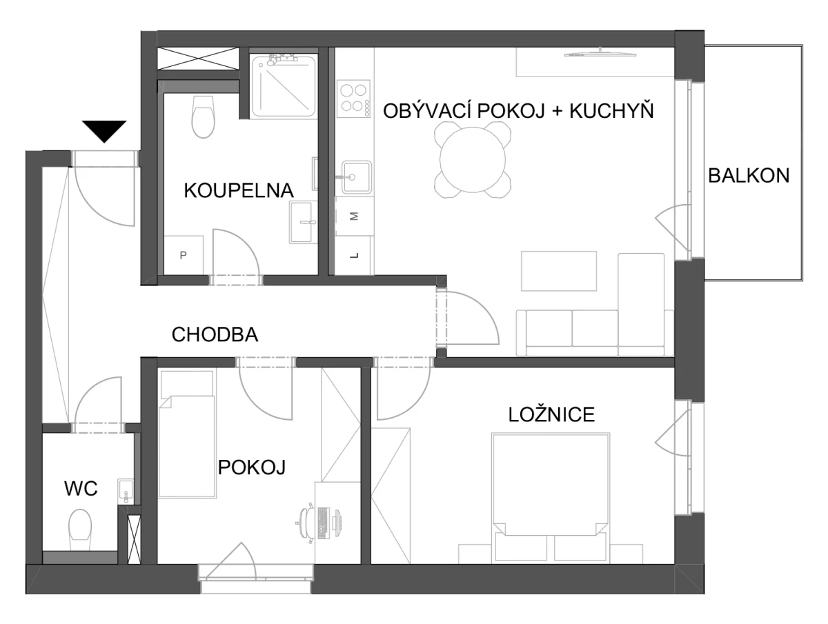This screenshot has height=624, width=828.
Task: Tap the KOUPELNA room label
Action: (239, 190)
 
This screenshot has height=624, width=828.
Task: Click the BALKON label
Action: (749, 176)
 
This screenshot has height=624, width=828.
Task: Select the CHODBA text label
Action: (215, 334)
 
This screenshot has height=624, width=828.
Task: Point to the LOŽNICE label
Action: (551, 414)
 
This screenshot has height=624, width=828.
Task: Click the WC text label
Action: (81, 488)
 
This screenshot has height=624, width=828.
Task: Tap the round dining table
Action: (472, 160)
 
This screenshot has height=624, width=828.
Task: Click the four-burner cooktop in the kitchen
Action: (353, 99)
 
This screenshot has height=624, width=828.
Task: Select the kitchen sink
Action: (356, 177)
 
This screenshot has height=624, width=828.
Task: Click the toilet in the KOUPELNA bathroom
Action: (204, 117)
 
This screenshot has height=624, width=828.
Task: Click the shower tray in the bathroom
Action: (284, 86)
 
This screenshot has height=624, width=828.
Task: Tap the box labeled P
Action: (184, 255)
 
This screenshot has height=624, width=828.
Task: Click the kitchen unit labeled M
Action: (354, 216)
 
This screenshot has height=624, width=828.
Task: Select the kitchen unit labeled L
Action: (354, 256)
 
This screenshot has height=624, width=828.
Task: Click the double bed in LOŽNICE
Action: (551, 498)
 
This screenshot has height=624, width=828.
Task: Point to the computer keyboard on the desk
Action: (323, 523)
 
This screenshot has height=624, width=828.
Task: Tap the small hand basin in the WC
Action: (126, 492)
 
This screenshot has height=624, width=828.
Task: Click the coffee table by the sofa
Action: (559, 271)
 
